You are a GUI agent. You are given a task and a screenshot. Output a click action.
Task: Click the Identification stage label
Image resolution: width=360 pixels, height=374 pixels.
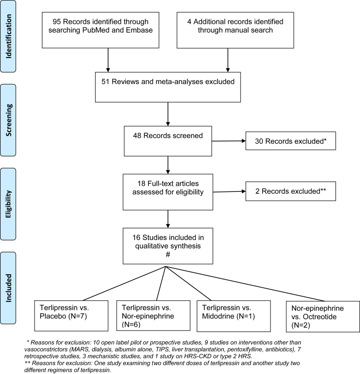coord(8,36)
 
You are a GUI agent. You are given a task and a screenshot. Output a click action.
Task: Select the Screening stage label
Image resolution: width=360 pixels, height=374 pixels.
coord(8,120)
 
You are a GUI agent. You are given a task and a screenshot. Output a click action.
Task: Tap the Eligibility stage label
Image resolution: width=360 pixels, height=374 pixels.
coord(8,204)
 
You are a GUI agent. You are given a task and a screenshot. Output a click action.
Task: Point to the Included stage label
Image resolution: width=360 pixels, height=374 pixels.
coord(8,288)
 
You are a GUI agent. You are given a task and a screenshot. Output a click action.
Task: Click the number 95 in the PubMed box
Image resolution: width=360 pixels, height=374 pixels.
coord(57,21)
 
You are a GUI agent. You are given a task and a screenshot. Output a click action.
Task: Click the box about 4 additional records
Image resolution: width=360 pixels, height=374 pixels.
coord(235,30)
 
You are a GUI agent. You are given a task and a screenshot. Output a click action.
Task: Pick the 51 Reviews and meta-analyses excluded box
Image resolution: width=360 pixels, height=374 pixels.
coord(168,87)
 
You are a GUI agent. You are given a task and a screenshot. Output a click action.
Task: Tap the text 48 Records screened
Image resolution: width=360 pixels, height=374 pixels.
coord(168,136)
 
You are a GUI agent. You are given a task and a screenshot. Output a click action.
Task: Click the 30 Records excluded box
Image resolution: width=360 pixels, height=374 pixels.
coord(291,141)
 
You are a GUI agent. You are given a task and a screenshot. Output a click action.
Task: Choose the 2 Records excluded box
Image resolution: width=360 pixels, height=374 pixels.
coord(291,191)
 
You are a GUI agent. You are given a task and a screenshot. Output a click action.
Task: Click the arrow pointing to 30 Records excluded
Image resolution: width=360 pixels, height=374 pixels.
coord(228,141)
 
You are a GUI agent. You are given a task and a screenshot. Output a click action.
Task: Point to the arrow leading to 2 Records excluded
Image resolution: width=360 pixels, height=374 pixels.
coord(229,191)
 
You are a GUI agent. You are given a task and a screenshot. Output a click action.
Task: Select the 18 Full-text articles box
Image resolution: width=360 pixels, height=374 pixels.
coord(168,192)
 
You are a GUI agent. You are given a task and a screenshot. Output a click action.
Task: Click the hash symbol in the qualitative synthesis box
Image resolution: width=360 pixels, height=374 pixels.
coord(168,255)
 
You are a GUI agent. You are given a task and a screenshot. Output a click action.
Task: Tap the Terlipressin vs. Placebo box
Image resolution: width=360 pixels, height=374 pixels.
coord(71,316)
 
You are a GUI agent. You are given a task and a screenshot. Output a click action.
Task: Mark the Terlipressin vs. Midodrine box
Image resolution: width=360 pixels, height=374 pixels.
coord(234,316)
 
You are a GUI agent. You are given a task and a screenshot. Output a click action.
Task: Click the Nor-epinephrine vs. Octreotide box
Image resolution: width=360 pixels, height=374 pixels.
coord(323,317)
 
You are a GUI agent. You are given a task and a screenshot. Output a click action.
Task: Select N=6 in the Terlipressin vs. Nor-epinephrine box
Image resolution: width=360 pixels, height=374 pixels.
coord(131,325)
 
